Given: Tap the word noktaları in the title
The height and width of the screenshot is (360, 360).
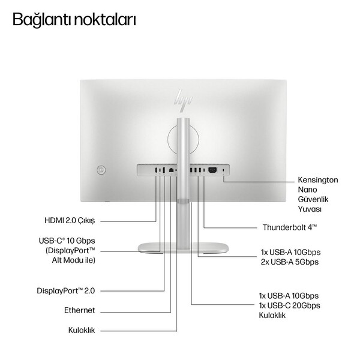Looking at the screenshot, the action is [x=105, y=19].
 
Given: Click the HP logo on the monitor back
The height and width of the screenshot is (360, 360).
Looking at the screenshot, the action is [x=183, y=100].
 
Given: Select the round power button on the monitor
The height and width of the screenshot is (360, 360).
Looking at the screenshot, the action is [x=101, y=170].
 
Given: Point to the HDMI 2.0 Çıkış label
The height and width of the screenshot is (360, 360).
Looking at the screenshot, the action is [x=70, y=221].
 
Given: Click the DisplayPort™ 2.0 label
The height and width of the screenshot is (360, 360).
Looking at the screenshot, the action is [x=66, y=291].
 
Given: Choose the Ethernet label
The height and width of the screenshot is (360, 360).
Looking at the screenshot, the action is [x=79, y=310].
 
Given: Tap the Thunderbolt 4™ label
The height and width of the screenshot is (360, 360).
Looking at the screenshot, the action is [x=290, y=227].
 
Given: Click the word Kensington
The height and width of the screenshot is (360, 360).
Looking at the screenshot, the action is [x=318, y=180].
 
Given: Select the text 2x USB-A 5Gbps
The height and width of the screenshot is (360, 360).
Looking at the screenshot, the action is [x=290, y=262].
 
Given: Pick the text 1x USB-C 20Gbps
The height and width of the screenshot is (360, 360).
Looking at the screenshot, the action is [x=290, y=305].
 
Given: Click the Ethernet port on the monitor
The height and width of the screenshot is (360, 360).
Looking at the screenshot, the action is [x=171, y=170].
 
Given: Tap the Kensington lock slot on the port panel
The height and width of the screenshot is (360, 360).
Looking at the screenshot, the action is [x=224, y=170].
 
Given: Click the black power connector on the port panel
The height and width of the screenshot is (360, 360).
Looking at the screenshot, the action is [x=212, y=170].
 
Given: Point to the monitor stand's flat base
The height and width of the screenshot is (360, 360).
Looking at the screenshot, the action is [x=183, y=248].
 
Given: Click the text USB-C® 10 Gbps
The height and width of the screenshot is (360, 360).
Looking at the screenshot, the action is [x=67, y=241].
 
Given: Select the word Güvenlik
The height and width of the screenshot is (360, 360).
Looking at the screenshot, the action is [x=313, y=199].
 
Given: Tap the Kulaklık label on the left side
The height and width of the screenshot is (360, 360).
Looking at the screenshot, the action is [x=82, y=331].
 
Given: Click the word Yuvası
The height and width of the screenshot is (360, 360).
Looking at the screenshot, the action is [x=310, y=209].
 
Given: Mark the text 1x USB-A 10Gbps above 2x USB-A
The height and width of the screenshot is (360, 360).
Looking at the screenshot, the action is [x=290, y=253].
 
